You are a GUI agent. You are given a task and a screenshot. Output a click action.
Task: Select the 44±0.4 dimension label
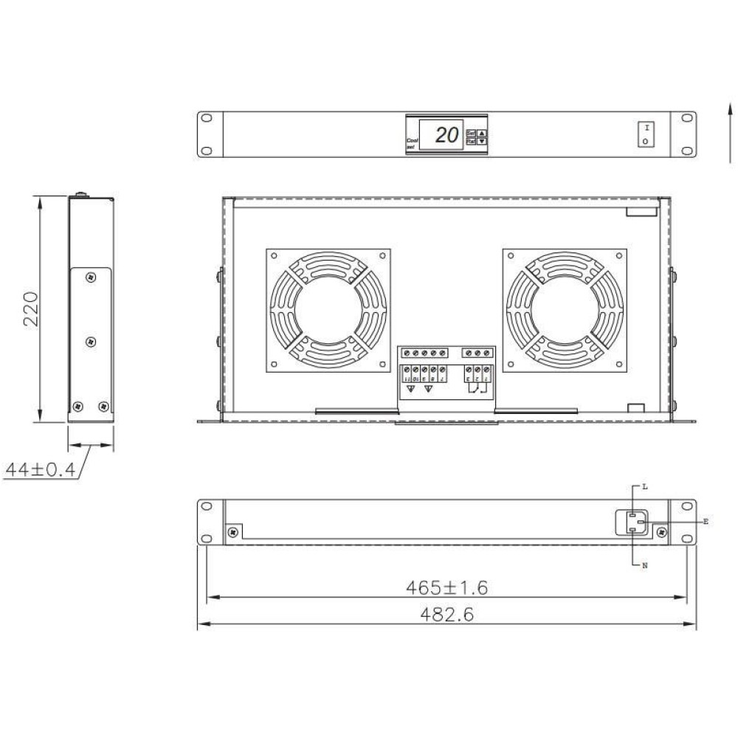[x=40, y=470]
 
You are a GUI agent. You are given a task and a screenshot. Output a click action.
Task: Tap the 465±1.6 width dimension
[x=446, y=587]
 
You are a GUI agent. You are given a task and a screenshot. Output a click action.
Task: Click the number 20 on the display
[x=445, y=135]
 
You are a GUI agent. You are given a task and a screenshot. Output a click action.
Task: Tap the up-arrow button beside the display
[x=482, y=133]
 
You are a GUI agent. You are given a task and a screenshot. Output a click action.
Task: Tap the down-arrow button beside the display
[x=482, y=141]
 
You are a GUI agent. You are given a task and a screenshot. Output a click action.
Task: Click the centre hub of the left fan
[x=328, y=309]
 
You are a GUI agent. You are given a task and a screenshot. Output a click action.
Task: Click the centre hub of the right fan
[x=565, y=309]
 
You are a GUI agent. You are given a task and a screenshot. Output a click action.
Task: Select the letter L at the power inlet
[x=644, y=487]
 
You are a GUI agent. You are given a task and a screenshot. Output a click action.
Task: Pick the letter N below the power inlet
[x=644, y=565]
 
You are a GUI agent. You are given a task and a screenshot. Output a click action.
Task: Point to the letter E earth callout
[x=706, y=522]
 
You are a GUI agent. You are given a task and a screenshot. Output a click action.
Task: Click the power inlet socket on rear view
[x=633, y=523]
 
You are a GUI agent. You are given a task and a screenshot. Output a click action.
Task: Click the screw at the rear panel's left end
[x=233, y=531]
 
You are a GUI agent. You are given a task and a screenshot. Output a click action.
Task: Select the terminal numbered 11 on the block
[x=407, y=379]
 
